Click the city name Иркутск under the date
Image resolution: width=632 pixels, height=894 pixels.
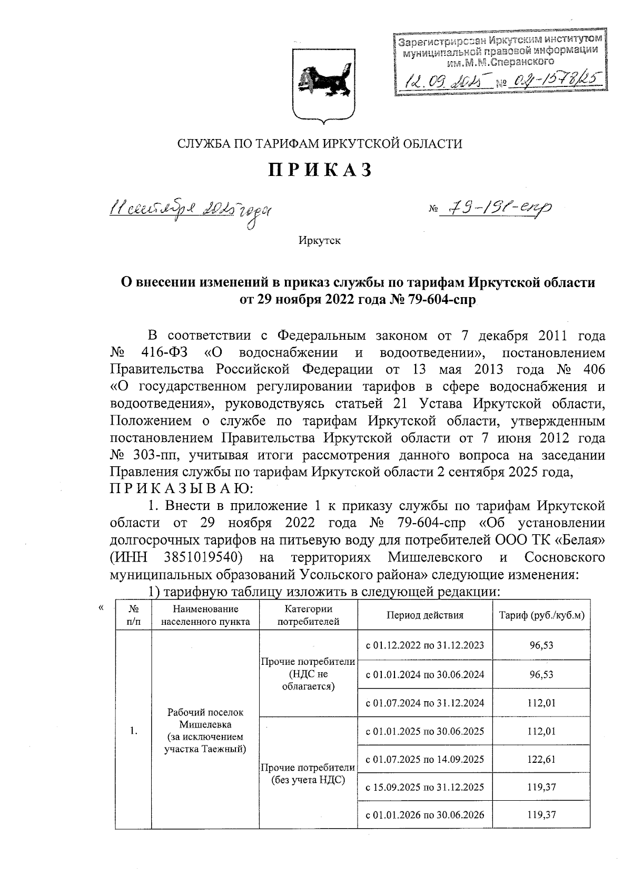pos(319,241)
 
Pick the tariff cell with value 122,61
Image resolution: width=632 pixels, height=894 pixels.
pos(542,759)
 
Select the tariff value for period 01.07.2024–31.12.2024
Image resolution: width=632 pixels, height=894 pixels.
pos(542,703)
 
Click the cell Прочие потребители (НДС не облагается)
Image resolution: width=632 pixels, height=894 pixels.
pos(308,674)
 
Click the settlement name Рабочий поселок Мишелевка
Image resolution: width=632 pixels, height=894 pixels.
pos(205,718)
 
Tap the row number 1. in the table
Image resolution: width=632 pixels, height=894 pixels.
pos(134,730)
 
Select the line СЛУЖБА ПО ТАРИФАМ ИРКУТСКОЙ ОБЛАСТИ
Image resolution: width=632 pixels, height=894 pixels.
pos(319,143)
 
